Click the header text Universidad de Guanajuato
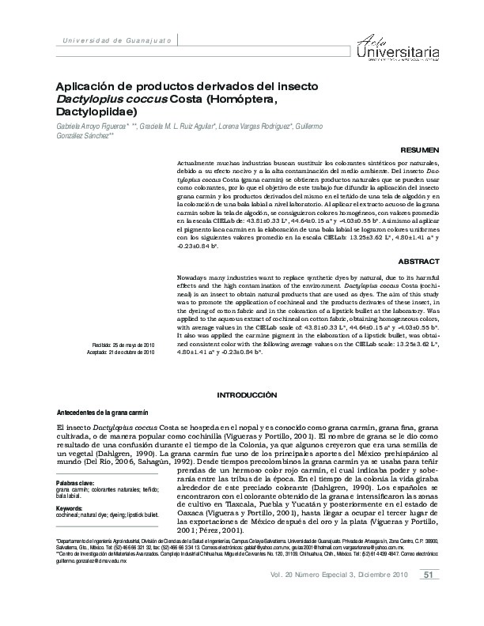pyautogui.click(x=112, y=40)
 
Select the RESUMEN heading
pyautogui.click(x=420, y=149)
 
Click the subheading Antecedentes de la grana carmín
pyautogui.click(x=103, y=413)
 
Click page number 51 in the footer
pyautogui.click(x=428, y=596)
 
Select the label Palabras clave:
pyautogui.click(x=75, y=481)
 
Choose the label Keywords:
pyautogui.click(x=70, y=507)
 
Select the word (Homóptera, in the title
pyautogui.click(x=240, y=100)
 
